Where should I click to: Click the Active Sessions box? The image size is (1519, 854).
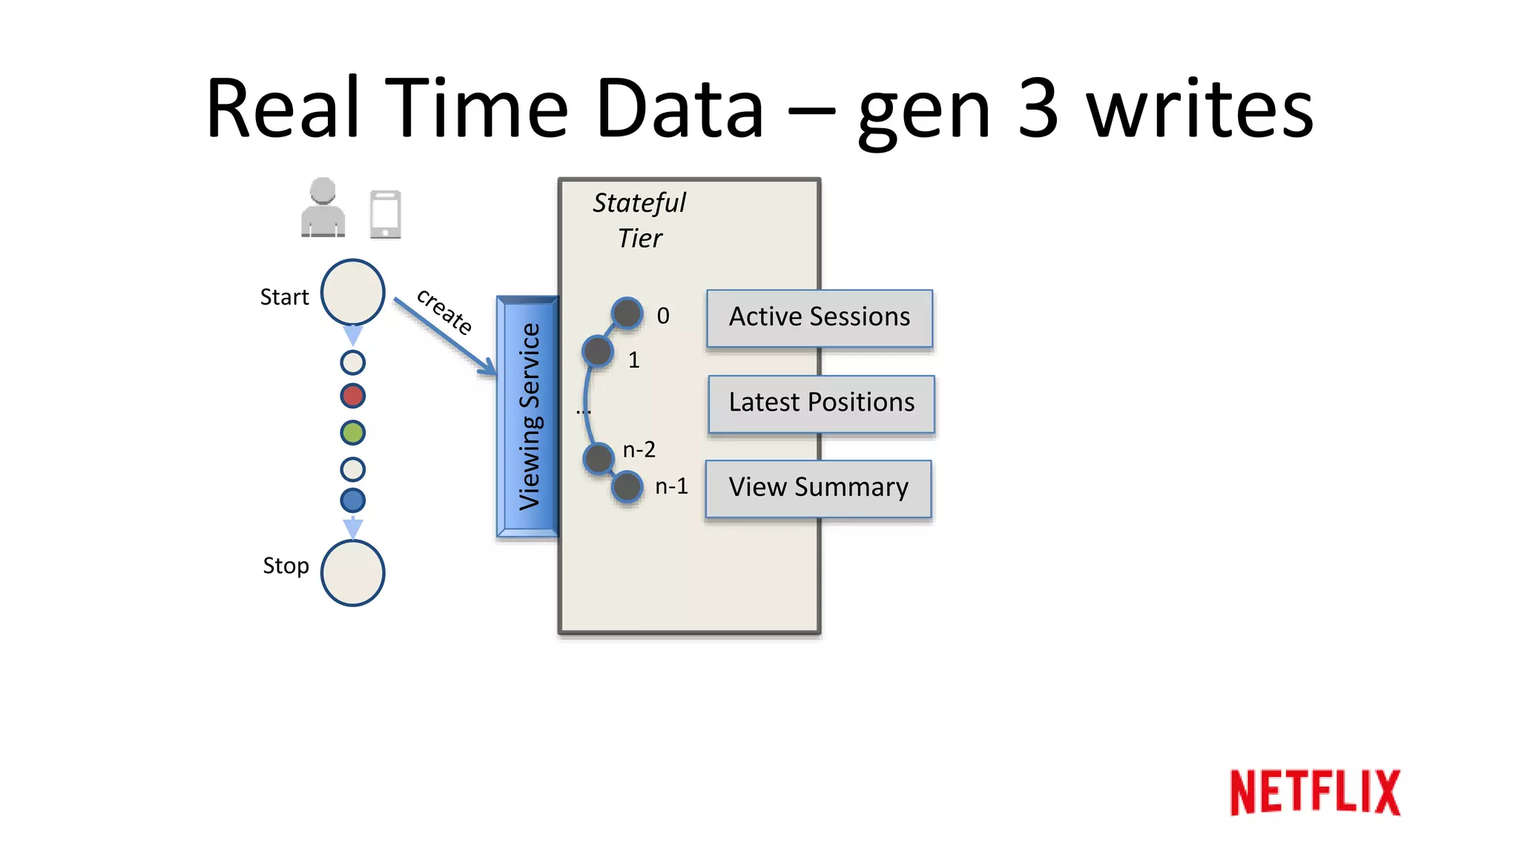819,317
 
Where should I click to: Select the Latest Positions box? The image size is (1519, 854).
821,403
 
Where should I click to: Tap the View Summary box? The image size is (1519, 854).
818,488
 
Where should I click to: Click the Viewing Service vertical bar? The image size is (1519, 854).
527,417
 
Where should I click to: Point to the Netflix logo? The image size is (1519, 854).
1315,792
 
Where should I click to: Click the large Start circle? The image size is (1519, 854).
352,292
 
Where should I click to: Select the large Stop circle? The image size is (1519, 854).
352,572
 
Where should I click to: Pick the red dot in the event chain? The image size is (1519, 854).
352,396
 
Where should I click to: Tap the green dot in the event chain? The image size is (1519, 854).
352,432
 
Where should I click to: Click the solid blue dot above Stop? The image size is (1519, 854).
352,500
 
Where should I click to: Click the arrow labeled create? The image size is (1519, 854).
444,335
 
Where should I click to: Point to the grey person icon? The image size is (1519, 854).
323,208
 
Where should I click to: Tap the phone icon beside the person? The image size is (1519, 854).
385,214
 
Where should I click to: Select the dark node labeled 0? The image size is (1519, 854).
627,314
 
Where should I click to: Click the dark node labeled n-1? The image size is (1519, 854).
627,487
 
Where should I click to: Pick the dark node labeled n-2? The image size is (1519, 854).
598,458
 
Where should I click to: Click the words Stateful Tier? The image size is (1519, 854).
639,220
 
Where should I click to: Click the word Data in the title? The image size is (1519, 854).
679,109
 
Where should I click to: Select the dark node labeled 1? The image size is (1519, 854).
598,351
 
